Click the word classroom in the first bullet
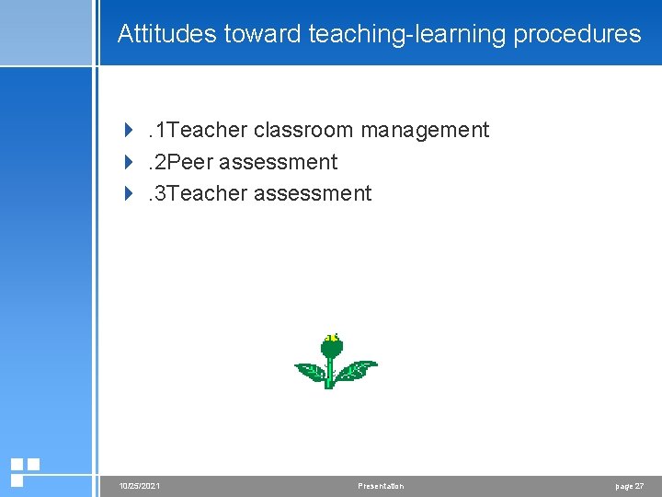[x=303, y=131]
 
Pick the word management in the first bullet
[x=425, y=131]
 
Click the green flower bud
[x=332, y=348]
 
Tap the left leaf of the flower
[x=310, y=372]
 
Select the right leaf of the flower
[x=356, y=370]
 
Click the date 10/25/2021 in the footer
[x=140, y=486]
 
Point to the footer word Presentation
[x=381, y=486]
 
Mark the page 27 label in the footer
[x=630, y=486]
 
